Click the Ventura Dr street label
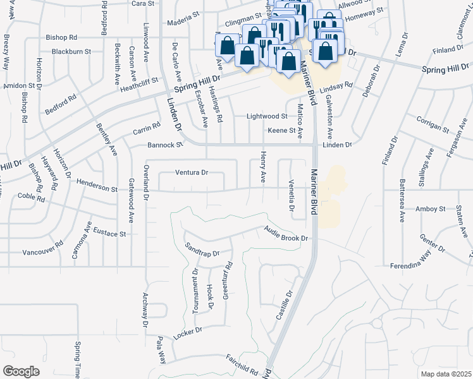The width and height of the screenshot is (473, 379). point(192,172)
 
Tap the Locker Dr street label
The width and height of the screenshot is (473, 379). point(187,333)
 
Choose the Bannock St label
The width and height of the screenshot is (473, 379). point(165,145)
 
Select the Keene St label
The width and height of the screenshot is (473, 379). point(281,131)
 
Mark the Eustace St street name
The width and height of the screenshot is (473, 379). point(109,233)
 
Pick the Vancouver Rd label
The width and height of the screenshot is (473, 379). point(43,250)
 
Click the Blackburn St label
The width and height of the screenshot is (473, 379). point(71,51)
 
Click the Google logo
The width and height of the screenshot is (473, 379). point(21,371)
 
